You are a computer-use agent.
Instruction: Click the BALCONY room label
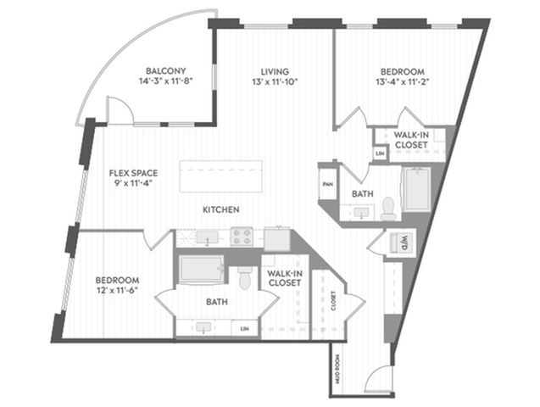pos(165,71)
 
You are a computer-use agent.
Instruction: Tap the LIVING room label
pos(275,71)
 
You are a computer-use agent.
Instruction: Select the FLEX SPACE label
pos(133,173)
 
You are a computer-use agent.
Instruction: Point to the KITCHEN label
pos(221,209)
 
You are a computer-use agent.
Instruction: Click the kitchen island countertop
pos(220,176)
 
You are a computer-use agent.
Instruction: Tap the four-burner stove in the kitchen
pos(242,237)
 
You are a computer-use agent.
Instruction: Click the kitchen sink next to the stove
pos(207,237)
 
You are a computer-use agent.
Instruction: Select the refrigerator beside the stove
pos(277,238)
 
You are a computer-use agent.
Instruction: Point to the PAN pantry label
pos(327,184)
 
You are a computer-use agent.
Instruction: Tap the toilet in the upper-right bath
pos(388,209)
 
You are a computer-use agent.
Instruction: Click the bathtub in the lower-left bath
pos(202,269)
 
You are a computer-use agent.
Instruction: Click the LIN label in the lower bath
pos(244,329)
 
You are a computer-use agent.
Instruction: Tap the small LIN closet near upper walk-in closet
pos(380,153)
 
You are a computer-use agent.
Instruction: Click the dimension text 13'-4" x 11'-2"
pos(402,81)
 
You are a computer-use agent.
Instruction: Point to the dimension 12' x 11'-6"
pos(118,290)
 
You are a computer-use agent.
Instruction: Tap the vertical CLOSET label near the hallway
pos(333,301)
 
